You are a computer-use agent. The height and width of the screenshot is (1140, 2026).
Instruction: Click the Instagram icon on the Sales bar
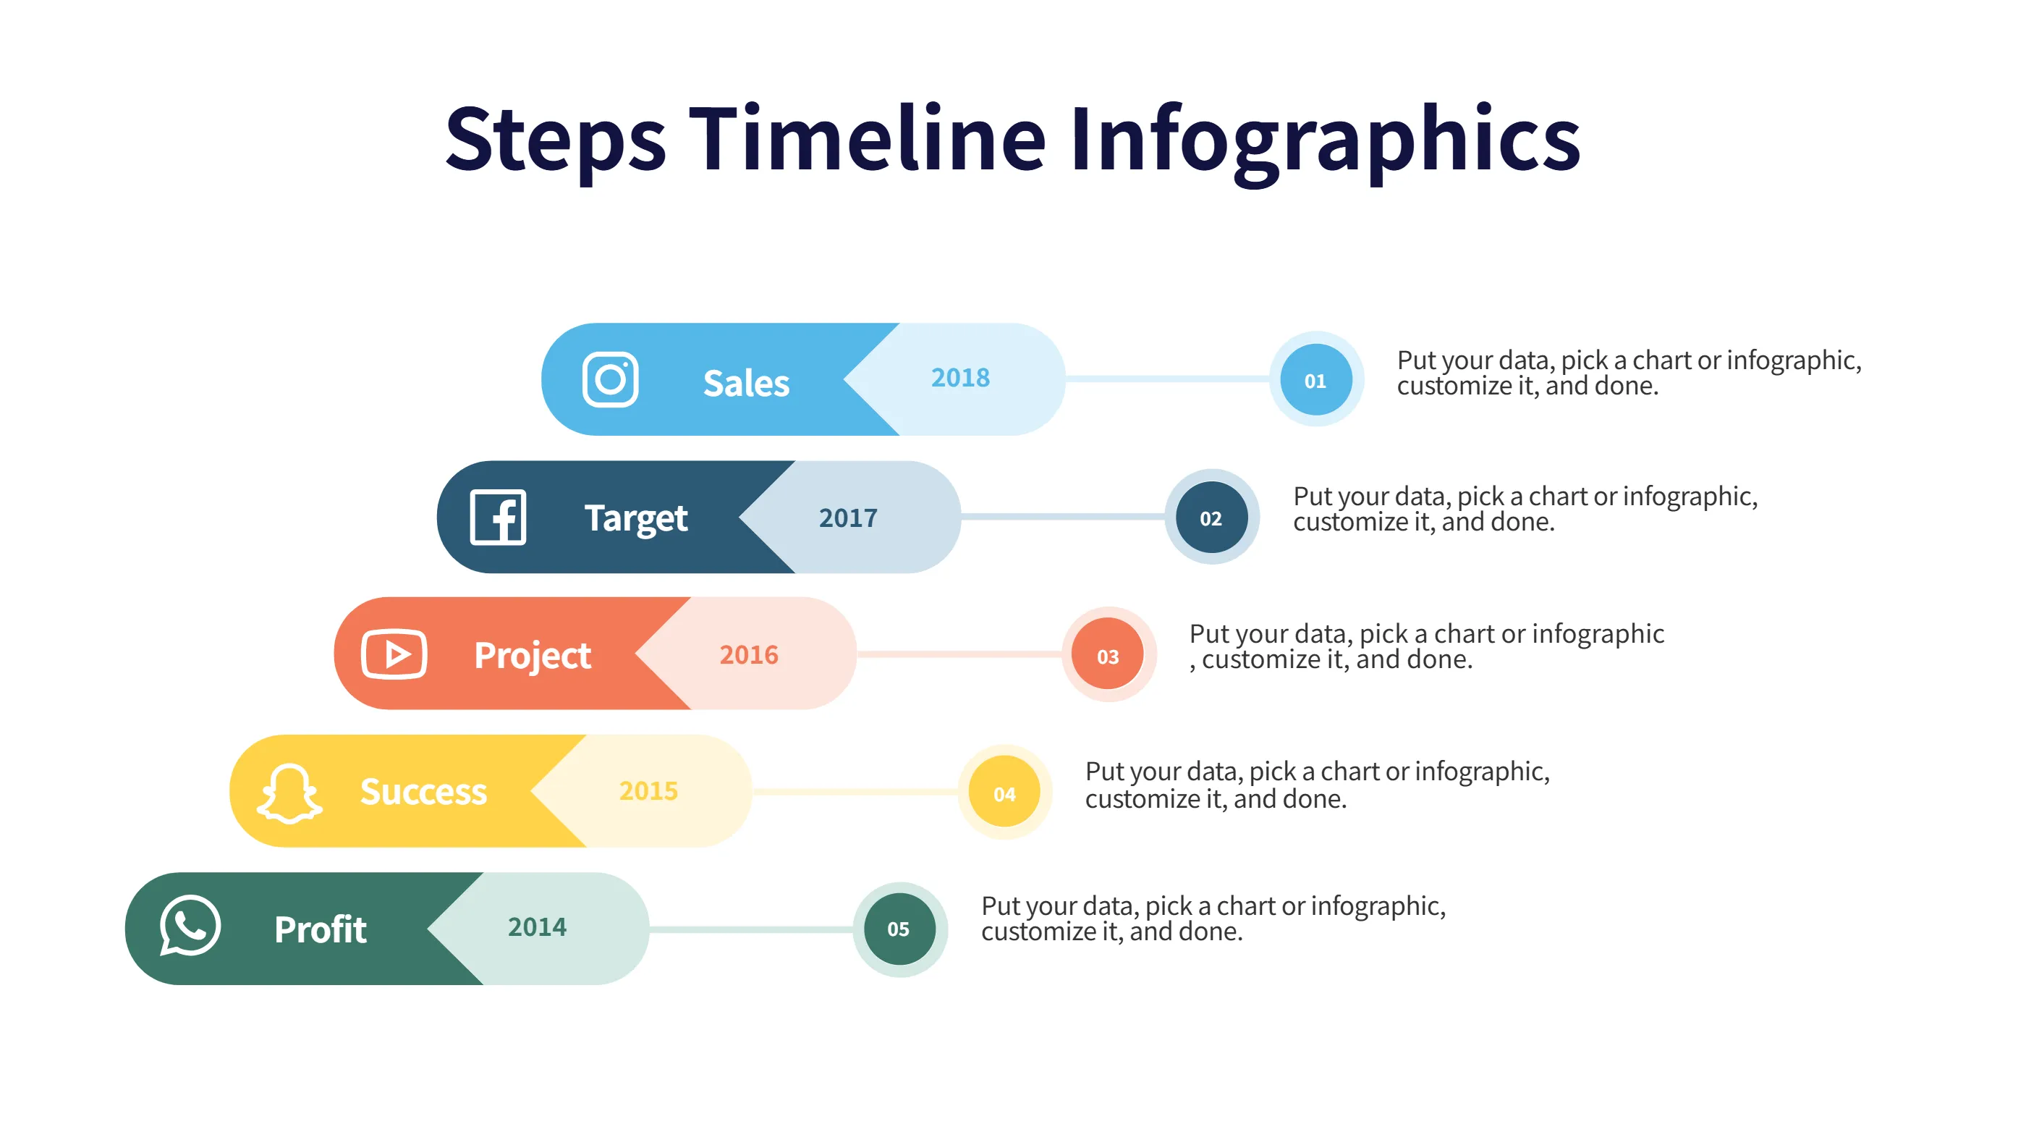point(609,379)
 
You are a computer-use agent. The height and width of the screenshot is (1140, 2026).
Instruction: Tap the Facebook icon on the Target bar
point(498,517)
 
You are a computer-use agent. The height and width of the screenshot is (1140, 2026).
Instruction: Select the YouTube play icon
point(394,654)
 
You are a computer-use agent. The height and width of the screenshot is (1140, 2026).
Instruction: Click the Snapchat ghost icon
point(289,793)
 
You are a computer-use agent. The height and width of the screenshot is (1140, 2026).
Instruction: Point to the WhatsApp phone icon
point(190,926)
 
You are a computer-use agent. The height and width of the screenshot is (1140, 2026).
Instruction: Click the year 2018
point(960,378)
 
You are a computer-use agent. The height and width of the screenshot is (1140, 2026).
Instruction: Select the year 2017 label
point(848,518)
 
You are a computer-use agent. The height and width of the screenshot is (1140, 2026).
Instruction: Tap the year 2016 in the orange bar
point(749,654)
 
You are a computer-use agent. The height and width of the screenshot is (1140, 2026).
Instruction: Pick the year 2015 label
point(648,790)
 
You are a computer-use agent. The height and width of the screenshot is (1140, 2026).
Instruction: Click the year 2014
point(537,926)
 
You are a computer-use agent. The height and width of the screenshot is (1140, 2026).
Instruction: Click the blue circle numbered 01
point(1315,380)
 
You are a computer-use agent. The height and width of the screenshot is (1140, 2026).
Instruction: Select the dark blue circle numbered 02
point(1211,518)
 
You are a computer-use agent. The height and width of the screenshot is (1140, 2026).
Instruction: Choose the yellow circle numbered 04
point(1004,793)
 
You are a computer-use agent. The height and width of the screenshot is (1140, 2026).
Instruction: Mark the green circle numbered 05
point(899,929)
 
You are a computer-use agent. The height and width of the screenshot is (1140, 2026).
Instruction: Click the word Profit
point(320,929)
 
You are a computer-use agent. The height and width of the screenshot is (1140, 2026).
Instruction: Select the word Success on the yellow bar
point(423,791)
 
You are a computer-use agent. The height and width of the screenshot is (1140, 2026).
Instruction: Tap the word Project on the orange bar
point(533,655)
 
